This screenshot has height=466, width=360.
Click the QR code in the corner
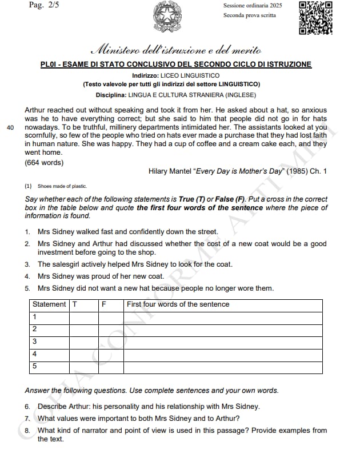[x=315, y=17]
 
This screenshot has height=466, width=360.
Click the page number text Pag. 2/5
[x=43, y=5]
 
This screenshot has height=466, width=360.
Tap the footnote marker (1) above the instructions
[x=28, y=186]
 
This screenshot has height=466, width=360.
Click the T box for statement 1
[x=83, y=316]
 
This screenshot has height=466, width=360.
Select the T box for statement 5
[x=83, y=365]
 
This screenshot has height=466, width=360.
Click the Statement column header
[x=49, y=304]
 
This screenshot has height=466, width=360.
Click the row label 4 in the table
[x=35, y=353]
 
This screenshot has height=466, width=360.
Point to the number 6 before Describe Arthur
[x=27, y=407]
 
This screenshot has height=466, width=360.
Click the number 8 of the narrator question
[x=27, y=431]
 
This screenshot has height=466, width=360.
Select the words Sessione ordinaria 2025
[x=253, y=5]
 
